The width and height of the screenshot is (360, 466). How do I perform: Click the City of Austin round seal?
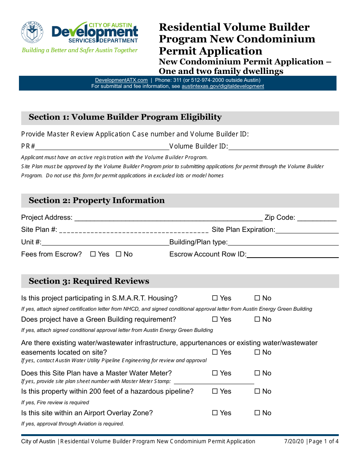click(32, 32)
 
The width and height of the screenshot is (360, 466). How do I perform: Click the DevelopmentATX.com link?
click(121, 80)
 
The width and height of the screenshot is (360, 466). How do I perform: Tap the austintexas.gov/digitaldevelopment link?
click(222, 86)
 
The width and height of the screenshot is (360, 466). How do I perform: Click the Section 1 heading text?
click(125, 117)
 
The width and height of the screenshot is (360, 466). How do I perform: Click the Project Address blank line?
click(169, 218)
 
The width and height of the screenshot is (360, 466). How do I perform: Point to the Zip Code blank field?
click(317, 218)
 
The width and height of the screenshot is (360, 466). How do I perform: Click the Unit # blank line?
click(105, 242)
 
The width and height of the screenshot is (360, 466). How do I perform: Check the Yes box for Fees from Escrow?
click(93, 254)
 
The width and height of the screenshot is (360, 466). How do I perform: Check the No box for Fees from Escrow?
click(118, 254)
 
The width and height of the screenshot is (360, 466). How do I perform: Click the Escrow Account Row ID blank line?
click(292, 255)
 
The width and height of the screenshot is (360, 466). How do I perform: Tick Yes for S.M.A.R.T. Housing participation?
click(215, 298)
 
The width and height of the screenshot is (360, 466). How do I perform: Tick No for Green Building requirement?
click(257, 319)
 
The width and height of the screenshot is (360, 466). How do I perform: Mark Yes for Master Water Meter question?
click(215, 373)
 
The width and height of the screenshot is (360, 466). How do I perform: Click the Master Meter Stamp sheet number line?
click(214, 382)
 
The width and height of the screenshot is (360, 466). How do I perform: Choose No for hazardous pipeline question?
click(257, 391)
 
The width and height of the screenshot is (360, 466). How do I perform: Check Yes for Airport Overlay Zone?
click(215, 413)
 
